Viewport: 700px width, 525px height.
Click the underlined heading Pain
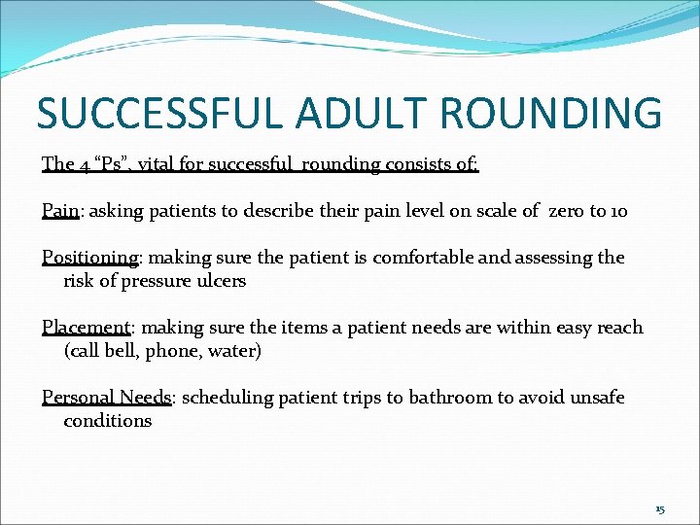[x=59, y=210]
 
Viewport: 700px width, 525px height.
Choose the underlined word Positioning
[x=90, y=258]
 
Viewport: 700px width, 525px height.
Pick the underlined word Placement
[x=86, y=328]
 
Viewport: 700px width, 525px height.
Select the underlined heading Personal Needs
[x=106, y=398]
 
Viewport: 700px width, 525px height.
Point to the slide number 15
[x=660, y=509]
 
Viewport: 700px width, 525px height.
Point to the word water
[x=236, y=351]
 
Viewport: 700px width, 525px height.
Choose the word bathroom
[x=443, y=398]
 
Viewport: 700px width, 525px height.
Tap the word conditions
[x=108, y=421]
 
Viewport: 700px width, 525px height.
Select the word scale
[x=506, y=211]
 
